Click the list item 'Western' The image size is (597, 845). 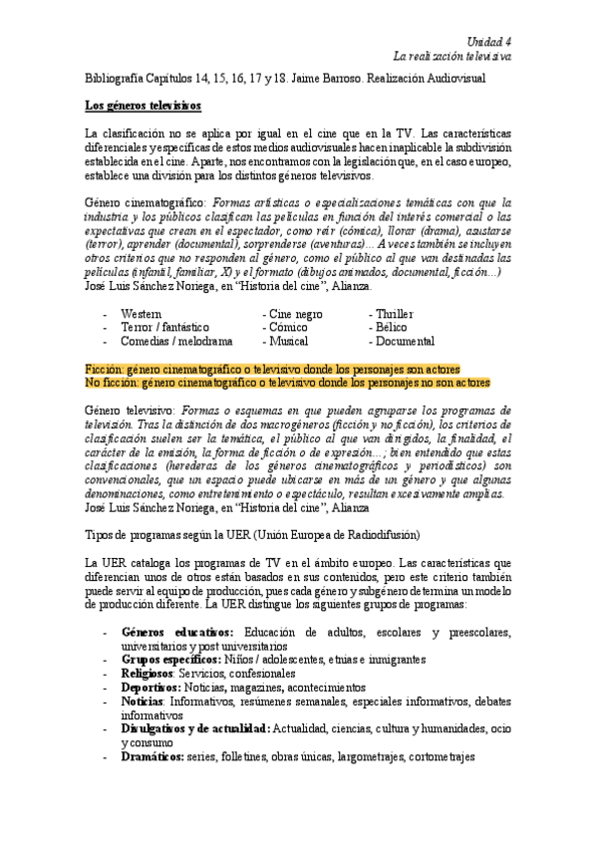tap(144, 314)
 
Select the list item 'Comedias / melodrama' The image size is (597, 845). tap(175, 341)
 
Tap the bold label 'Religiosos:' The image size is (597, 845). tap(149, 673)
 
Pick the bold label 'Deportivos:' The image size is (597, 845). tap(150, 687)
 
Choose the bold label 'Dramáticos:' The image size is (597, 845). tap(152, 755)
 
